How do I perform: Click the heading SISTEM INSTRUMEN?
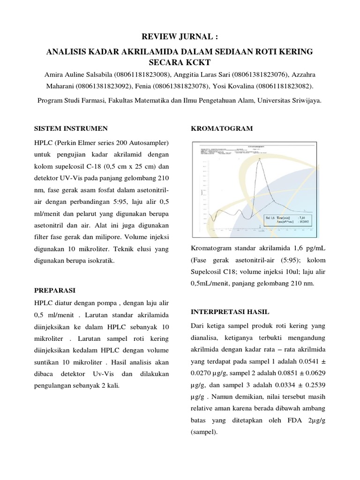(x=71, y=128)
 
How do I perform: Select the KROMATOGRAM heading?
(x=222, y=128)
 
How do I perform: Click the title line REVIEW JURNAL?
(x=180, y=37)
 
